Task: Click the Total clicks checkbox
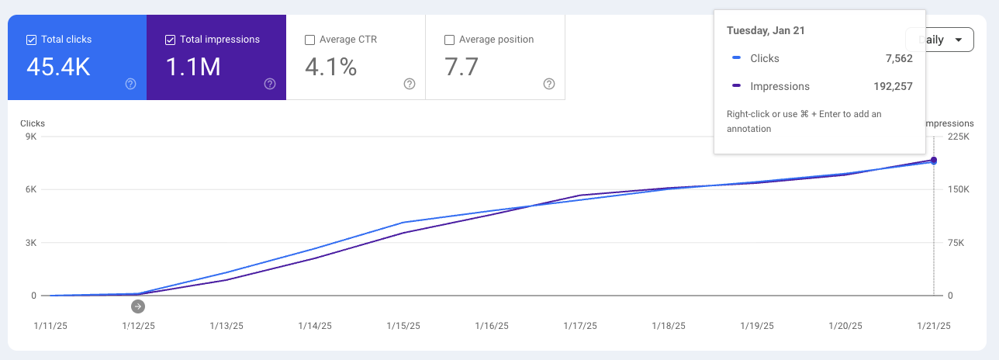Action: click(31, 40)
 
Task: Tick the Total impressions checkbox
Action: click(171, 40)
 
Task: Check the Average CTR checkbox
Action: click(310, 40)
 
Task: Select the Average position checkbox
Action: click(449, 40)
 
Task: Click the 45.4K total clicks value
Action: click(58, 67)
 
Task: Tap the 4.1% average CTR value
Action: click(330, 67)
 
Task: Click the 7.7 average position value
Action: click(461, 67)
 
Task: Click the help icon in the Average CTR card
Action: click(410, 84)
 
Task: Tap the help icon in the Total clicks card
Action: click(130, 84)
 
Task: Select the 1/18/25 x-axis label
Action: click(668, 326)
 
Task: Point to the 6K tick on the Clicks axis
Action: click(29, 190)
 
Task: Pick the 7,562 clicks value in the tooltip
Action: click(898, 58)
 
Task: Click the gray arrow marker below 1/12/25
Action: click(138, 306)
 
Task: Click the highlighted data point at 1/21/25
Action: click(934, 161)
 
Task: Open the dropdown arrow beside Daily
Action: click(959, 40)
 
